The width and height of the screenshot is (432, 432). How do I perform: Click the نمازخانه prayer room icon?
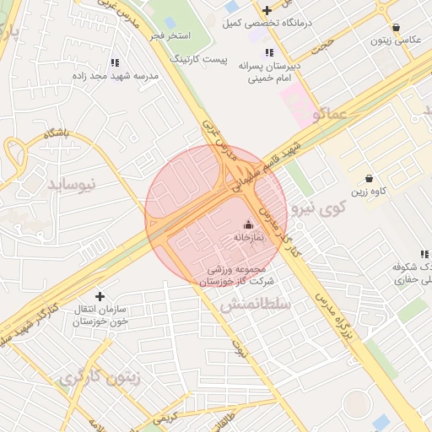(248, 224)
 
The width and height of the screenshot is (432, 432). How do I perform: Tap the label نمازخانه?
(248, 239)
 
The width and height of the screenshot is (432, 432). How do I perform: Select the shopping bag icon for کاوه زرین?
(370, 178)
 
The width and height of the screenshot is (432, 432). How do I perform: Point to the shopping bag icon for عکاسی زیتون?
(396, 27)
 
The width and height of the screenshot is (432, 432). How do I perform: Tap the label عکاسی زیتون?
(391, 40)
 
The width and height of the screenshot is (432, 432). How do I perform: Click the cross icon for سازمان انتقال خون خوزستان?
(100, 296)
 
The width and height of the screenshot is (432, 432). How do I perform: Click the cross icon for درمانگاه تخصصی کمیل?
(267, 10)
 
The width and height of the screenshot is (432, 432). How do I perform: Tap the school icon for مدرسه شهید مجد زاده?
(115, 62)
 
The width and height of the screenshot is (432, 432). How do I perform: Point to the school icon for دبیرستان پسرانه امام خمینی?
(268, 51)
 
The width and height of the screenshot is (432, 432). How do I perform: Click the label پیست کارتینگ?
(198, 60)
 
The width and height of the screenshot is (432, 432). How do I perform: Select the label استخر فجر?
(172, 36)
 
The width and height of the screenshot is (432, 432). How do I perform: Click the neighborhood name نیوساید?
(72, 182)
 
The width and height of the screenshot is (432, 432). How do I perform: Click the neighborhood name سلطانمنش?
(255, 304)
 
